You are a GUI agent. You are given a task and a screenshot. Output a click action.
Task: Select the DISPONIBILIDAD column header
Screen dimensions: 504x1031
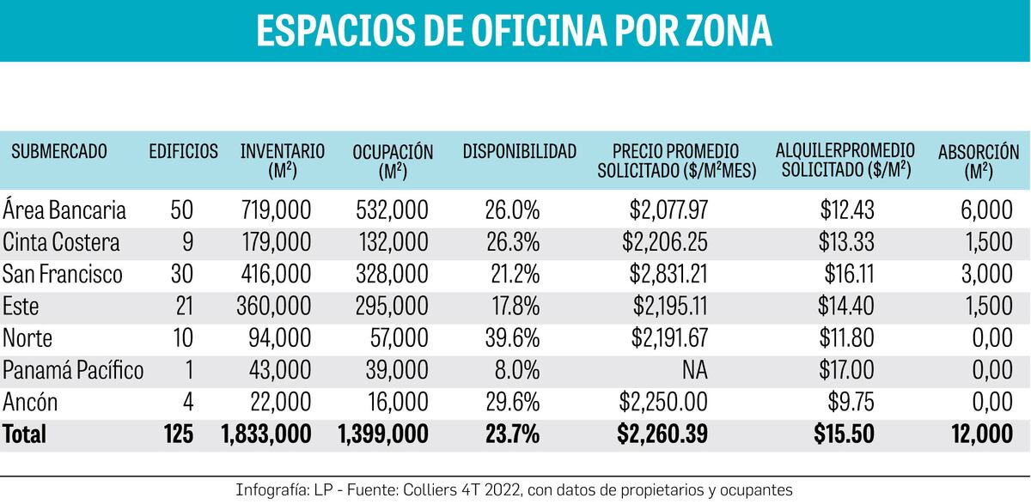(x=519, y=152)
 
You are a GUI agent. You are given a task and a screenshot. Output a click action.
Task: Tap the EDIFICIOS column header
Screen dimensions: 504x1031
(x=183, y=152)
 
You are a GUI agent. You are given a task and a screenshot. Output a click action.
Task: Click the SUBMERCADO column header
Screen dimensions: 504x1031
(x=59, y=152)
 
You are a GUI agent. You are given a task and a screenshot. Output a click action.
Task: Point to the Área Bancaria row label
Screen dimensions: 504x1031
(x=64, y=209)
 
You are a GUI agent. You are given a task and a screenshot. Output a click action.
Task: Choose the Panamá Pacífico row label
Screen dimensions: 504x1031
(x=73, y=370)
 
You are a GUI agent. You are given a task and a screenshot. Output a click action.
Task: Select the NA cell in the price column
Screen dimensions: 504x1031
(x=695, y=370)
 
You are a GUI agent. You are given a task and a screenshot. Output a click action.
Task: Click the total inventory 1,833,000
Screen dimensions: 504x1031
(x=265, y=434)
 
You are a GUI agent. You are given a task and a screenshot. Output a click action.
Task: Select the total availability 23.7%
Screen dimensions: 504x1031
(x=512, y=434)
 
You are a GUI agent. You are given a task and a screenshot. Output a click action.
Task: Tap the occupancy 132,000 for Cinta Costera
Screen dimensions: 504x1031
(x=393, y=242)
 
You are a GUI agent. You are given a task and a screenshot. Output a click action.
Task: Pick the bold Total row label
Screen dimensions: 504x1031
(x=24, y=434)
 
